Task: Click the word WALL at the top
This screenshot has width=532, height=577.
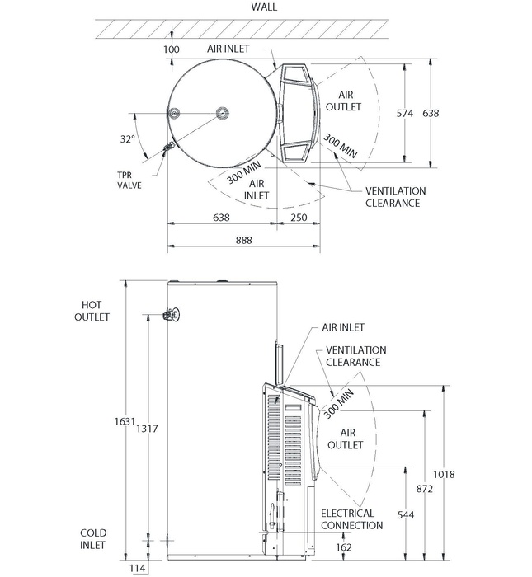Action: point(265,7)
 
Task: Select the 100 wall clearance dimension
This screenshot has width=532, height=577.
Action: point(172,49)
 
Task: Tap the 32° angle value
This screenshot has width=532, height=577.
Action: point(127,139)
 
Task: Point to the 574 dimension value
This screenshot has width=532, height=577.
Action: point(404,113)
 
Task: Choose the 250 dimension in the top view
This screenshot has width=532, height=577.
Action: point(299,218)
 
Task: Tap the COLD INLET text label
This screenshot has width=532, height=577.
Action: point(92,539)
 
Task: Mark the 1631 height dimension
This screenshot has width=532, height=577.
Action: point(124,421)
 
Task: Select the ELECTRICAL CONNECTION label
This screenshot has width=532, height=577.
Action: point(351,519)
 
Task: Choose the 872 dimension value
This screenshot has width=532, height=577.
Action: point(424,490)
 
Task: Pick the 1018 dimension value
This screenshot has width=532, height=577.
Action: point(444,474)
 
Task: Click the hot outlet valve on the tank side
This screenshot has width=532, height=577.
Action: point(173,314)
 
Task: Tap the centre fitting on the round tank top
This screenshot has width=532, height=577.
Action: point(222,113)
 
